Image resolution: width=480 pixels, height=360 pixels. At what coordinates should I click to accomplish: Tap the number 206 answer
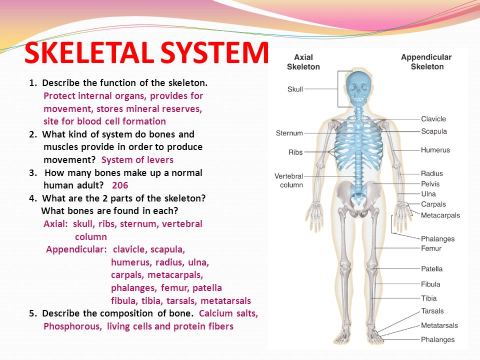coord(120,185)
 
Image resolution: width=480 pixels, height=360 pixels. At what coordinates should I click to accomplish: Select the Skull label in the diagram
coord(295,89)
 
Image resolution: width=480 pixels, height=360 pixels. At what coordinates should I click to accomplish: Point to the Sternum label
coord(289,133)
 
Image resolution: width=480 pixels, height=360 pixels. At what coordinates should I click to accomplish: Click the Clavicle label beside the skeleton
coord(433,119)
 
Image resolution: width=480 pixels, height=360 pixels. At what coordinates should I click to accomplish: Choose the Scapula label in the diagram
coord(434,131)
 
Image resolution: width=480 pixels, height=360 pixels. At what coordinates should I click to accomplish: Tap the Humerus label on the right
coord(435,149)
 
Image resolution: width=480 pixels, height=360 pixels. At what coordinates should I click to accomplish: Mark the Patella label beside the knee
coord(431,268)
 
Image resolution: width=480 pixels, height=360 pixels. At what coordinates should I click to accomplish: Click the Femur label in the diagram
coord(431,248)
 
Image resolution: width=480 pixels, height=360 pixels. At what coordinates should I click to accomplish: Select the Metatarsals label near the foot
coord(439,325)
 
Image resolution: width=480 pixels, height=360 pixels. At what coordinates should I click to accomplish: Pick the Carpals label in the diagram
coord(433,204)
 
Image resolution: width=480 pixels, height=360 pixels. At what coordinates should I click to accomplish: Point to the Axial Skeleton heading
coord(303,62)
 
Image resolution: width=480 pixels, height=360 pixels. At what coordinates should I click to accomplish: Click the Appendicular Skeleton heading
coord(426,62)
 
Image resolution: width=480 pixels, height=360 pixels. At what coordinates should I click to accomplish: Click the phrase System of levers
coord(137,160)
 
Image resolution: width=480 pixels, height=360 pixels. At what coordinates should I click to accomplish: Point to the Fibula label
coord(430,284)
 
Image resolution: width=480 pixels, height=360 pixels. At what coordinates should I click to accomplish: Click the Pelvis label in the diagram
coord(430,183)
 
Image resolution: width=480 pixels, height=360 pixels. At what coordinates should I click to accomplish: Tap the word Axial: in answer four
coord(55,223)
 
